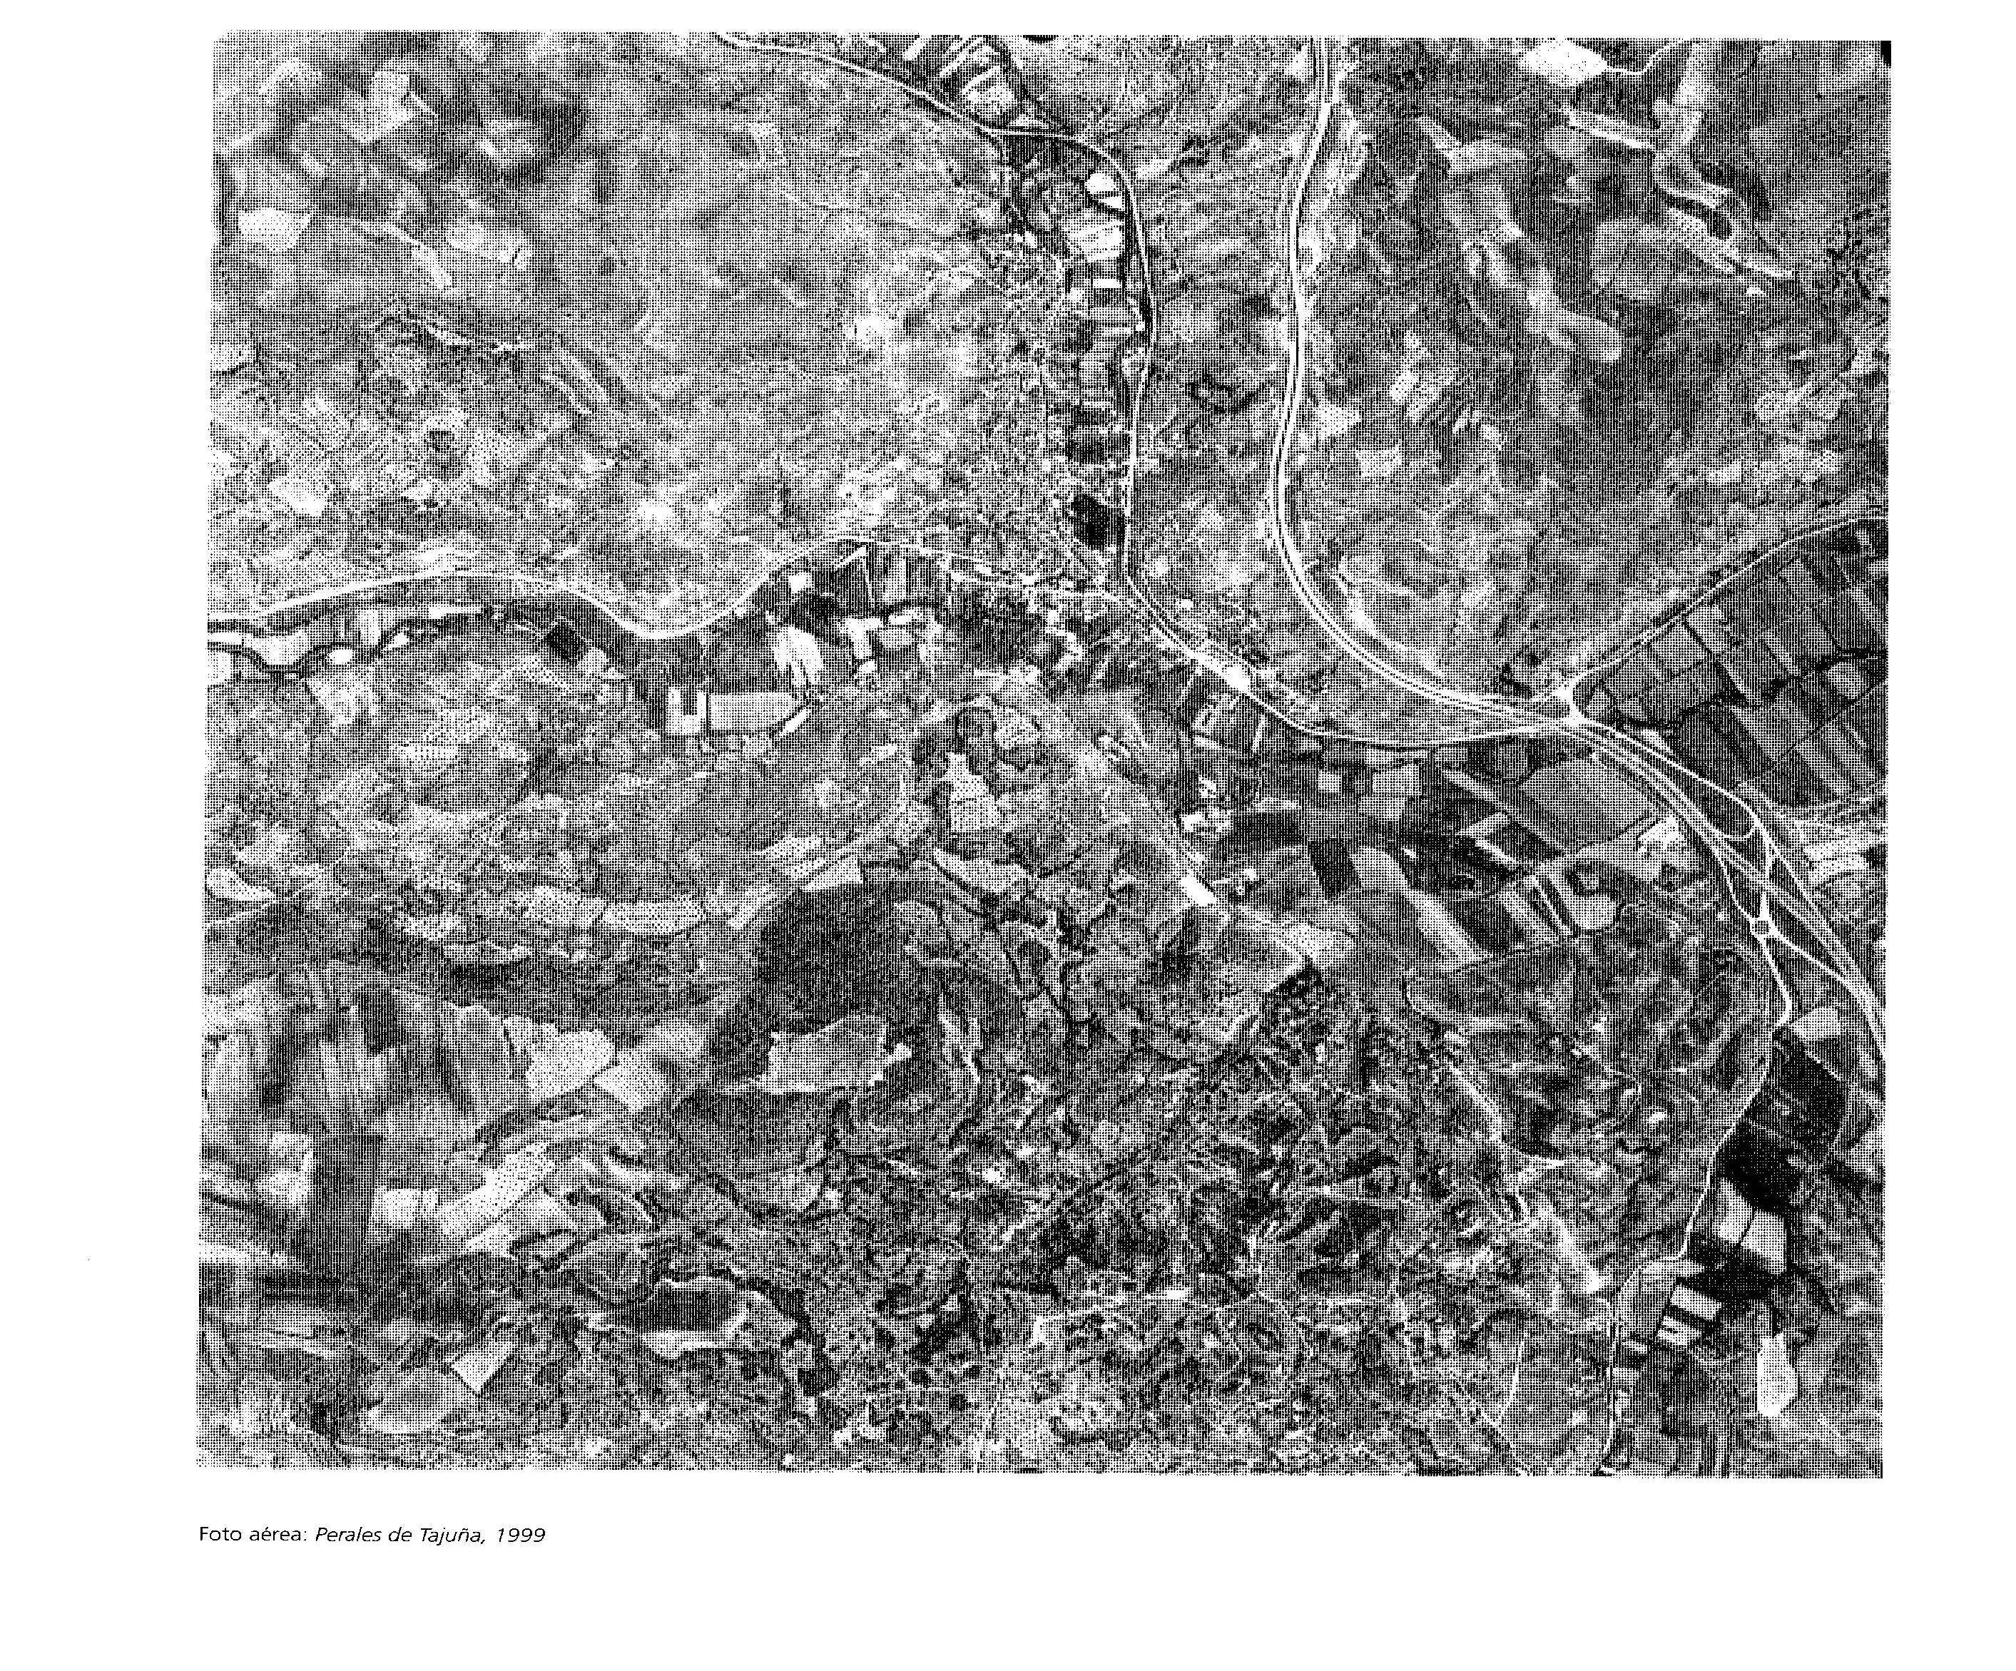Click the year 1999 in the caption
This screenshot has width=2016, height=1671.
[x=521, y=1534]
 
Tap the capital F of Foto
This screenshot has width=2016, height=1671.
[x=203, y=1534]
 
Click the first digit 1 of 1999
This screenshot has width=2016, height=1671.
[x=503, y=1534]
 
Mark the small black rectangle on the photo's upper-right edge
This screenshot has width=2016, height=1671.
[x=1885, y=53]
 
